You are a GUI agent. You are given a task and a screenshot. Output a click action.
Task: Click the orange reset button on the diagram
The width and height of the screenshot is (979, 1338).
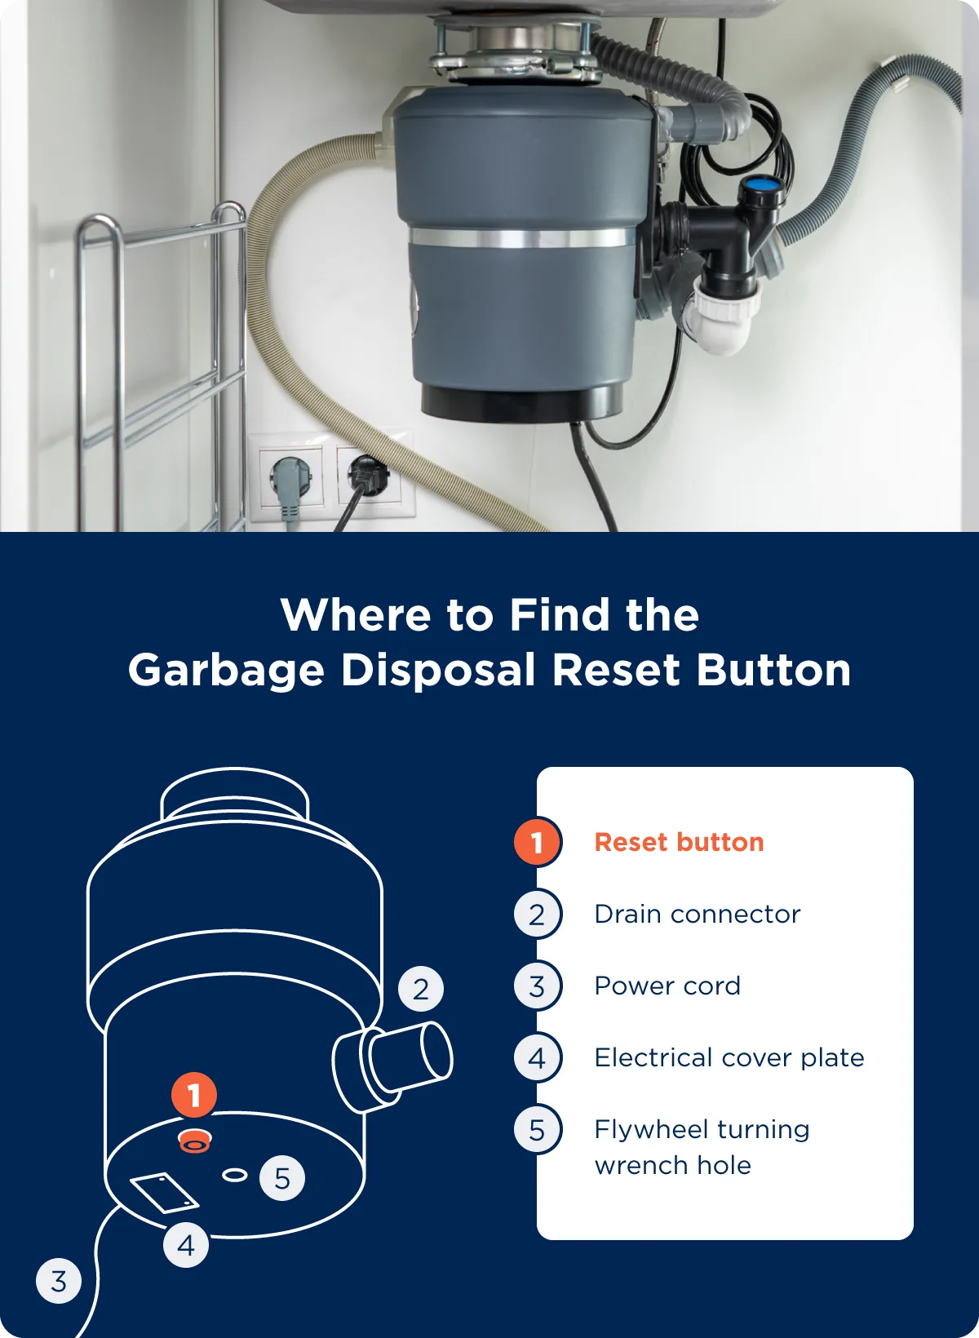(194, 1141)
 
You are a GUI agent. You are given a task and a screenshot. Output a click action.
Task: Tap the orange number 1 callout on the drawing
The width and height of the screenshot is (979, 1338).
(193, 1095)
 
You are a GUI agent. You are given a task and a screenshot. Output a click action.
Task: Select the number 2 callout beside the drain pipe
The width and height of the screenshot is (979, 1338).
(420, 989)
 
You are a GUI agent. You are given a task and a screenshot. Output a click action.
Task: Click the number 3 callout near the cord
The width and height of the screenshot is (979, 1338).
(59, 1280)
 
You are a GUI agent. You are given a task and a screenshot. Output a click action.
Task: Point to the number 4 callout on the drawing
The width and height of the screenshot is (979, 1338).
(186, 1245)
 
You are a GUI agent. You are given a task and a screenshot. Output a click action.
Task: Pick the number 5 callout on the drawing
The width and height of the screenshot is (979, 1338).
(281, 1178)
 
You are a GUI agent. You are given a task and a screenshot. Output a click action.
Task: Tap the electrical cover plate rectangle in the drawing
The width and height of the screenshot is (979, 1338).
(164, 1194)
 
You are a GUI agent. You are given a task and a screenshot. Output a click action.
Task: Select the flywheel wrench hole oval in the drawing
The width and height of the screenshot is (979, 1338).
(235, 1175)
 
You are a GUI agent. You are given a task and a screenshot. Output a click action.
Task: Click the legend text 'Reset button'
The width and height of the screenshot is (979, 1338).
(679, 842)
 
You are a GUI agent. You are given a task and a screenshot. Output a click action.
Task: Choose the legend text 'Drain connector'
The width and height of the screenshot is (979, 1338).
(697, 914)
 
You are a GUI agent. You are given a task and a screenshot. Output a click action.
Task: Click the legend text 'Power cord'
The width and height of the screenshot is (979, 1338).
(667, 986)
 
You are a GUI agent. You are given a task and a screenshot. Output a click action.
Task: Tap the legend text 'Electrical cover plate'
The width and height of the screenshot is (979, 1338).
(729, 1057)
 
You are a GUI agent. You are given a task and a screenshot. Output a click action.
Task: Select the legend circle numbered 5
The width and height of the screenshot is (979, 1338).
(537, 1129)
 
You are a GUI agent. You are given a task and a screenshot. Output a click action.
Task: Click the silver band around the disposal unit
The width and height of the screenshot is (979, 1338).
(522, 238)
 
